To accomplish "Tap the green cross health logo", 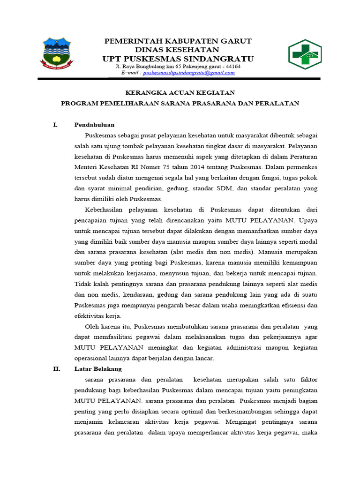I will tap(304, 55).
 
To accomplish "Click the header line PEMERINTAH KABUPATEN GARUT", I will tap(178, 41).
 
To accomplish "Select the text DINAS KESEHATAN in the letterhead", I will tap(177, 50).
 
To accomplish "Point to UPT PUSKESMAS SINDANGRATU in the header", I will tap(178, 59).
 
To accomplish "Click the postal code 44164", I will tap(231, 67).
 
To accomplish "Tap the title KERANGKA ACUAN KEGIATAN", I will tap(180, 92).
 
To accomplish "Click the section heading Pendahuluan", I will tap(94, 125).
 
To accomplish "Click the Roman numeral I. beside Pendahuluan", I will tap(55, 125).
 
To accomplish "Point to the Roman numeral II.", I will tap(56, 369).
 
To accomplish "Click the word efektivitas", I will tap(90, 315).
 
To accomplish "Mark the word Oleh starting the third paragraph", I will tap(92, 326).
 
